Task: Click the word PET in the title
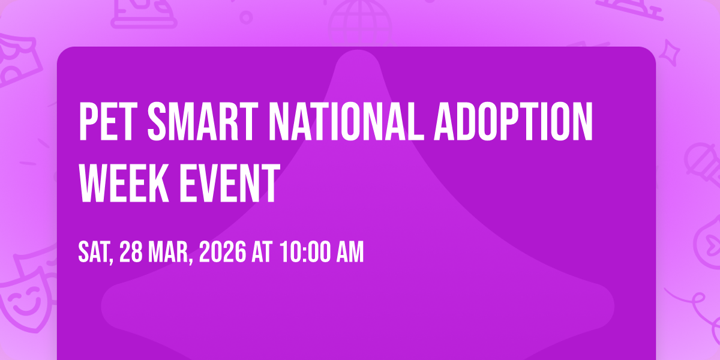(106, 121)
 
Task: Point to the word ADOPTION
(514, 121)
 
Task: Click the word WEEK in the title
(124, 183)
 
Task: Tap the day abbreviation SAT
(95, 253)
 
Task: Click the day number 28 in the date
(131, 253)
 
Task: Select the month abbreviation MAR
(170, 253)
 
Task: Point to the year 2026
(223, 253)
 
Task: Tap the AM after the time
(350, 253)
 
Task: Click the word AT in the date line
(262, 253)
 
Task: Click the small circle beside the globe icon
(246, 17)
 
